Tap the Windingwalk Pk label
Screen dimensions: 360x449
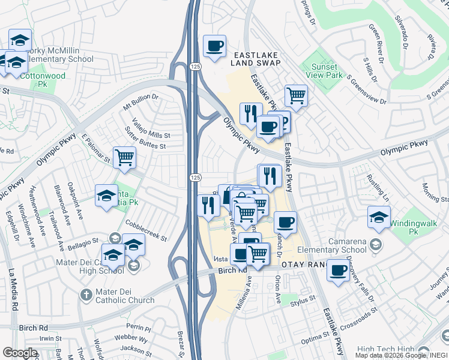412,227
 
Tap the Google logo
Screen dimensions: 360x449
20,353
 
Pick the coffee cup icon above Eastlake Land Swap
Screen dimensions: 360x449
214,46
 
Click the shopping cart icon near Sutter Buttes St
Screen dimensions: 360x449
124,158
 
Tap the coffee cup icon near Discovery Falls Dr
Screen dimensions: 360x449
339,271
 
